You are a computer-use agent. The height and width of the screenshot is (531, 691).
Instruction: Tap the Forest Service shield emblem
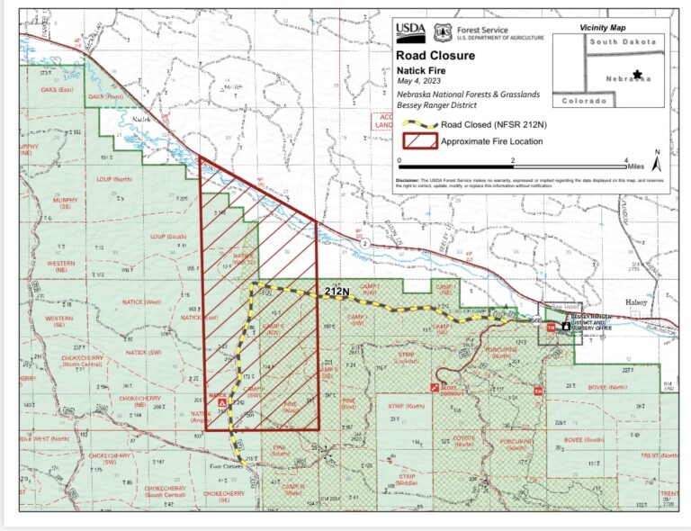pos(442,32)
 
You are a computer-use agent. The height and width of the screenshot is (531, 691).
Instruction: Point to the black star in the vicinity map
pos(638,74)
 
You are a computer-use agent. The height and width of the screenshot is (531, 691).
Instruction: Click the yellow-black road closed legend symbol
pos(418,125)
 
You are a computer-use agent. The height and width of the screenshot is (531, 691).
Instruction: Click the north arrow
pos(657,163)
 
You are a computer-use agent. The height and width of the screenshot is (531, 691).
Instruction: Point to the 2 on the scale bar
pos(513,160)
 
